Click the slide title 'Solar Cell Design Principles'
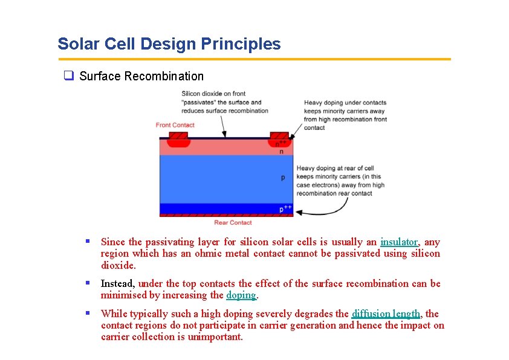click(169, 44)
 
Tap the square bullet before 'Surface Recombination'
click(69, 76)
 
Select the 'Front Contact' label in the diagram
click(175, 125)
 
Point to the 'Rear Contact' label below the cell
click(233, 222)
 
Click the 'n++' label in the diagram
click(280, 143)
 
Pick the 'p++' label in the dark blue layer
click(285, 209)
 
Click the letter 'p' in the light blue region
click(282, 178)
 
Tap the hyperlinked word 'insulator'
click(399, 242)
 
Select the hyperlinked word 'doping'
click(241, 295)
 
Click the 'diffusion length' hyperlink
click(386, 313)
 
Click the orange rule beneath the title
click(254, 59)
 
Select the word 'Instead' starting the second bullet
click(117, 283)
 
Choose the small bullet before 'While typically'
click(88, 313)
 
